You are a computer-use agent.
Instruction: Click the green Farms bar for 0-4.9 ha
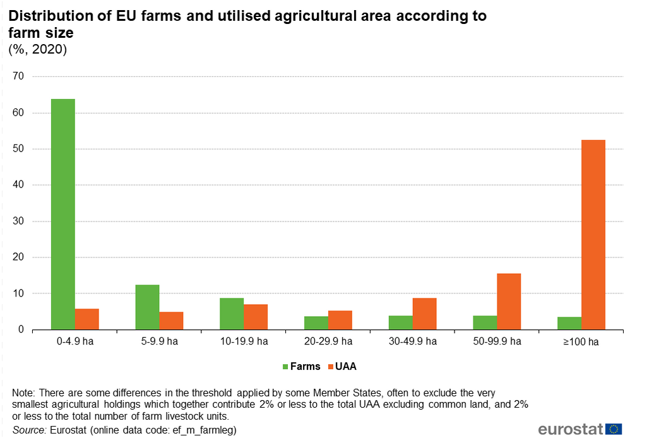click(x=63, y=214)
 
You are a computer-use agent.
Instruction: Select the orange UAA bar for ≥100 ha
click(x=593, y=234)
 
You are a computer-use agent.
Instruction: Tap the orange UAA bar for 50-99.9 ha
click(x=509, y=301)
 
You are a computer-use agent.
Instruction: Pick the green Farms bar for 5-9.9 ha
click(x=147, y=307)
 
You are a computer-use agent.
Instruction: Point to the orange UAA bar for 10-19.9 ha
click(x=256, y=317)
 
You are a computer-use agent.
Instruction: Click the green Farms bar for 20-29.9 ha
click(x=316, y=322)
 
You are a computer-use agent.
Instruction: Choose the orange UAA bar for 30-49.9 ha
click(x=424, y=314)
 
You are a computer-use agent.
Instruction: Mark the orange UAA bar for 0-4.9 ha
click(x=87, y=319)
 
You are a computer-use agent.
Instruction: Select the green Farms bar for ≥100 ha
click(x=569, y=323)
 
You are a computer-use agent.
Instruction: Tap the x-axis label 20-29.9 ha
click(x=328, y=342)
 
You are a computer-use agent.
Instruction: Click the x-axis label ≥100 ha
click(x=581, y=342)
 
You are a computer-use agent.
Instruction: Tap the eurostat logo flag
click(x=614, y=429)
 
